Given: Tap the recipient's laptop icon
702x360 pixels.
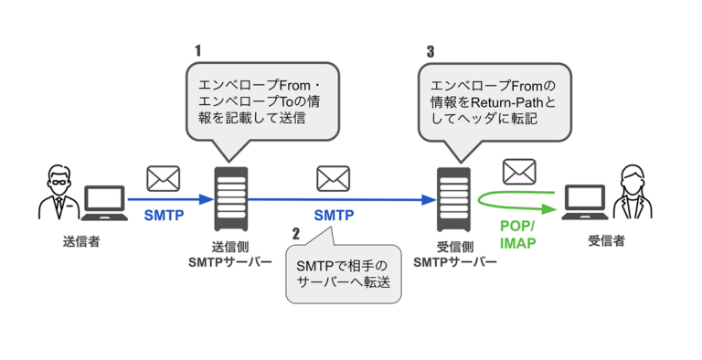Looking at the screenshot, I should [585, 204].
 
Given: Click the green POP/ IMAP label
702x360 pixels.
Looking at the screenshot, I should [516, 235].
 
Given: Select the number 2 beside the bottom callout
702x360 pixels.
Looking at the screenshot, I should [295, 233].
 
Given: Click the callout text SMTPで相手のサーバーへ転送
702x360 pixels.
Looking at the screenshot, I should [343, 274].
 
